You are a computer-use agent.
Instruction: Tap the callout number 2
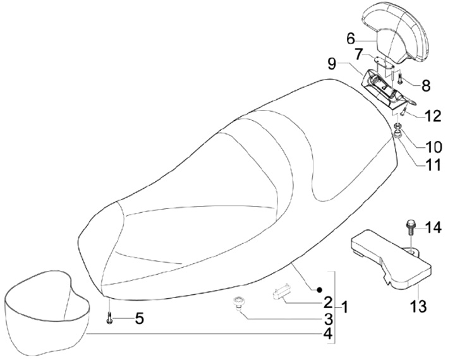pyautogui.click(x=328, y=301)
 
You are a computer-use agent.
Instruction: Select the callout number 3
pyautogui.click(x=328, y=317)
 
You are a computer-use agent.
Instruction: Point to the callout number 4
pyautogui.click(x=328, y=333)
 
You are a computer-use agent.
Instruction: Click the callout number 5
pyautogui.click(x=139, y=318)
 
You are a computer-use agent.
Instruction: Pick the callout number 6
pyautogui.click(x=351, y=38)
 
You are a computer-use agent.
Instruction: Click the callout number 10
pyautogui.click(x=434, y=149)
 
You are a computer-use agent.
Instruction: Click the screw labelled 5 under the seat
pyautogui.click(x=110, y=318)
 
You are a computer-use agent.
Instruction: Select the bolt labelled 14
pyautogui.click(x=410, y=227)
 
